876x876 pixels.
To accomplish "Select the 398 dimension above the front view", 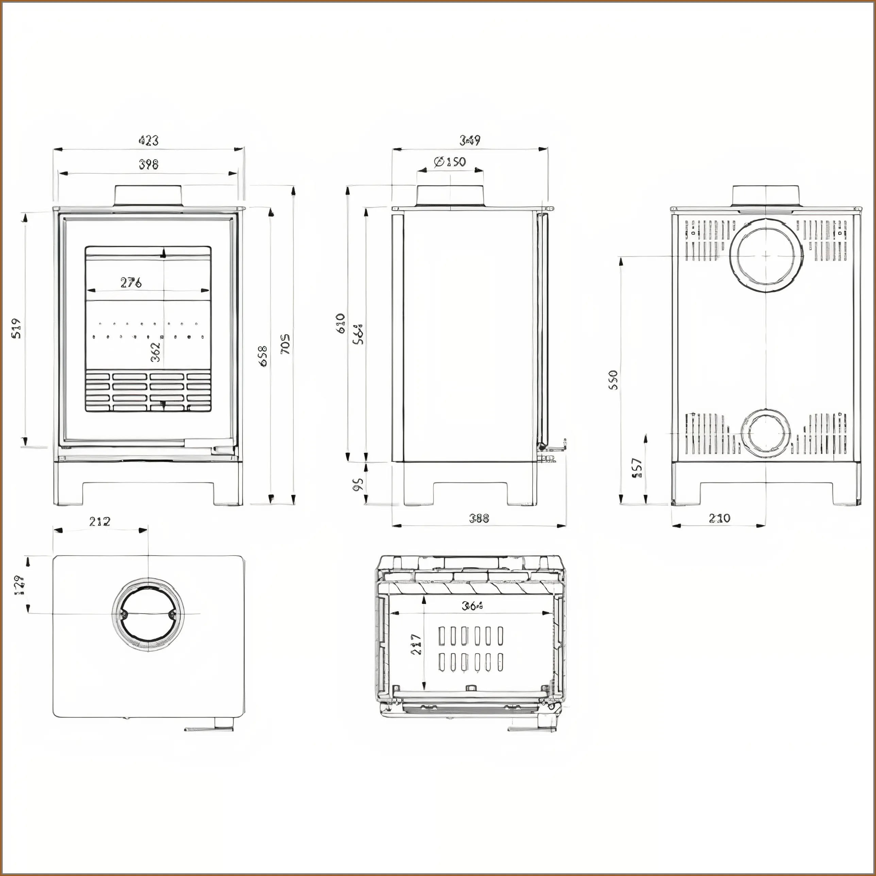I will [149, 165].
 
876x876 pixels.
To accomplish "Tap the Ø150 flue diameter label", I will [450, 162].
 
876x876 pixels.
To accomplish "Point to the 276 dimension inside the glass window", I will [131, 283].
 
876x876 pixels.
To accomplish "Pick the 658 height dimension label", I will [263, 356].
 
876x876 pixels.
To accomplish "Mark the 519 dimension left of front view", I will [16, 329].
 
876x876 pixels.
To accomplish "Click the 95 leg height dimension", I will [358, 484].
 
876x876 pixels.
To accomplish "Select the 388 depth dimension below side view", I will [479, 518].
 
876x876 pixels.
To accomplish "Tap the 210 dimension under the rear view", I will [720, 518].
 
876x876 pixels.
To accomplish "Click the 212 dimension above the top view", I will [100, 521].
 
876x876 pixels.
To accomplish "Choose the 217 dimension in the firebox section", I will [416, 644].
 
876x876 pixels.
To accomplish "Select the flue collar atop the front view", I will [149, 196].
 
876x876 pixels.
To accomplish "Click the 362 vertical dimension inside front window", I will [155, 351].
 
